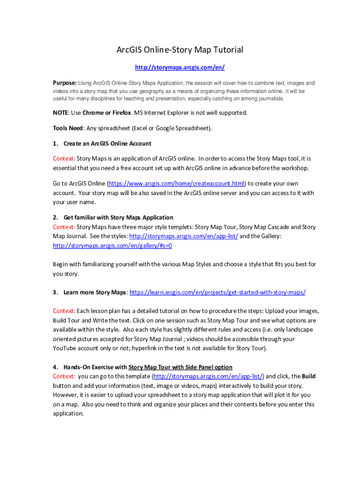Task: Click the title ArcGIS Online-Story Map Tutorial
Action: click(x=180, y=50)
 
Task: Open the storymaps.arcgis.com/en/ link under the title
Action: click(x=180, y=67)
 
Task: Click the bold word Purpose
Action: click(x=64, y=83)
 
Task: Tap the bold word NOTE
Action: click(x=61, y=113)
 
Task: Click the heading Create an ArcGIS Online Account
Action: click(x=107, y=144)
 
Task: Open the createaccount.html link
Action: click(x=176, y=183)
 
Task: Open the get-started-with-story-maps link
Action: click(x=217, y=292)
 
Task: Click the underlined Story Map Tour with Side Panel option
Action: click(x=180, y=367)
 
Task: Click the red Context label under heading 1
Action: click(x=64, y=159)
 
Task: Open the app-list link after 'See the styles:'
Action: click(x=183, y=236)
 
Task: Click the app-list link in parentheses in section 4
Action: click(x=209, y=376)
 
